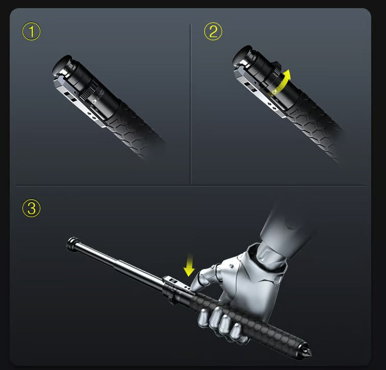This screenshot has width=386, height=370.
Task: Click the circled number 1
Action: tap(31, 32)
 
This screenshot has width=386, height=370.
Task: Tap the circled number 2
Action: tap(213, 32)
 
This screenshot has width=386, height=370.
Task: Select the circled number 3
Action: tap(31, 208)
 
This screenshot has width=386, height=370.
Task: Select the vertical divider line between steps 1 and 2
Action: tap(190, 102)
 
